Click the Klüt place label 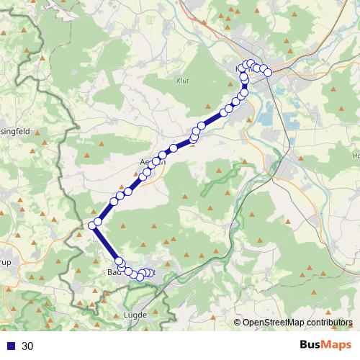point(182,81)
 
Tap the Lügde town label point(135,315)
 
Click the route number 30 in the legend point(27,346)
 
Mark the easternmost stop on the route point(268,72)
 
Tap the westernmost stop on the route point(92,226)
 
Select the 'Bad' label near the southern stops point(113,272)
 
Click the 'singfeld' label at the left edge point(14,132)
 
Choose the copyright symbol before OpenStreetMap point(238,323)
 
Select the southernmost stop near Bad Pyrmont point(140,276)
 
